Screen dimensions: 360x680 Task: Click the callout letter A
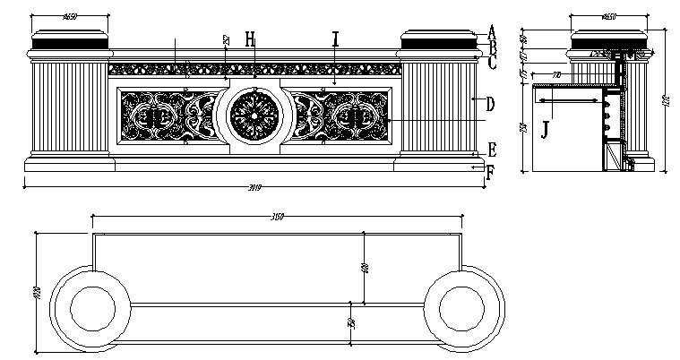(x=492, y=30)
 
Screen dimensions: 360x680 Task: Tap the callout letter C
(x=492, y=62)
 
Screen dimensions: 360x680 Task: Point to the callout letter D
(x=490, y=104)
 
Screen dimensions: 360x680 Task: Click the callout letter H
(x=251, y=39)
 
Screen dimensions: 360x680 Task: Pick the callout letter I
(x=335, y=39)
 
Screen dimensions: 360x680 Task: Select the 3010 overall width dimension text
(x=252, y=186)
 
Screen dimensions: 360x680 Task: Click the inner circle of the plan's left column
(x=89, y=309)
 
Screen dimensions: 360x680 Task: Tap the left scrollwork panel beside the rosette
(x=165, y=116)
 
